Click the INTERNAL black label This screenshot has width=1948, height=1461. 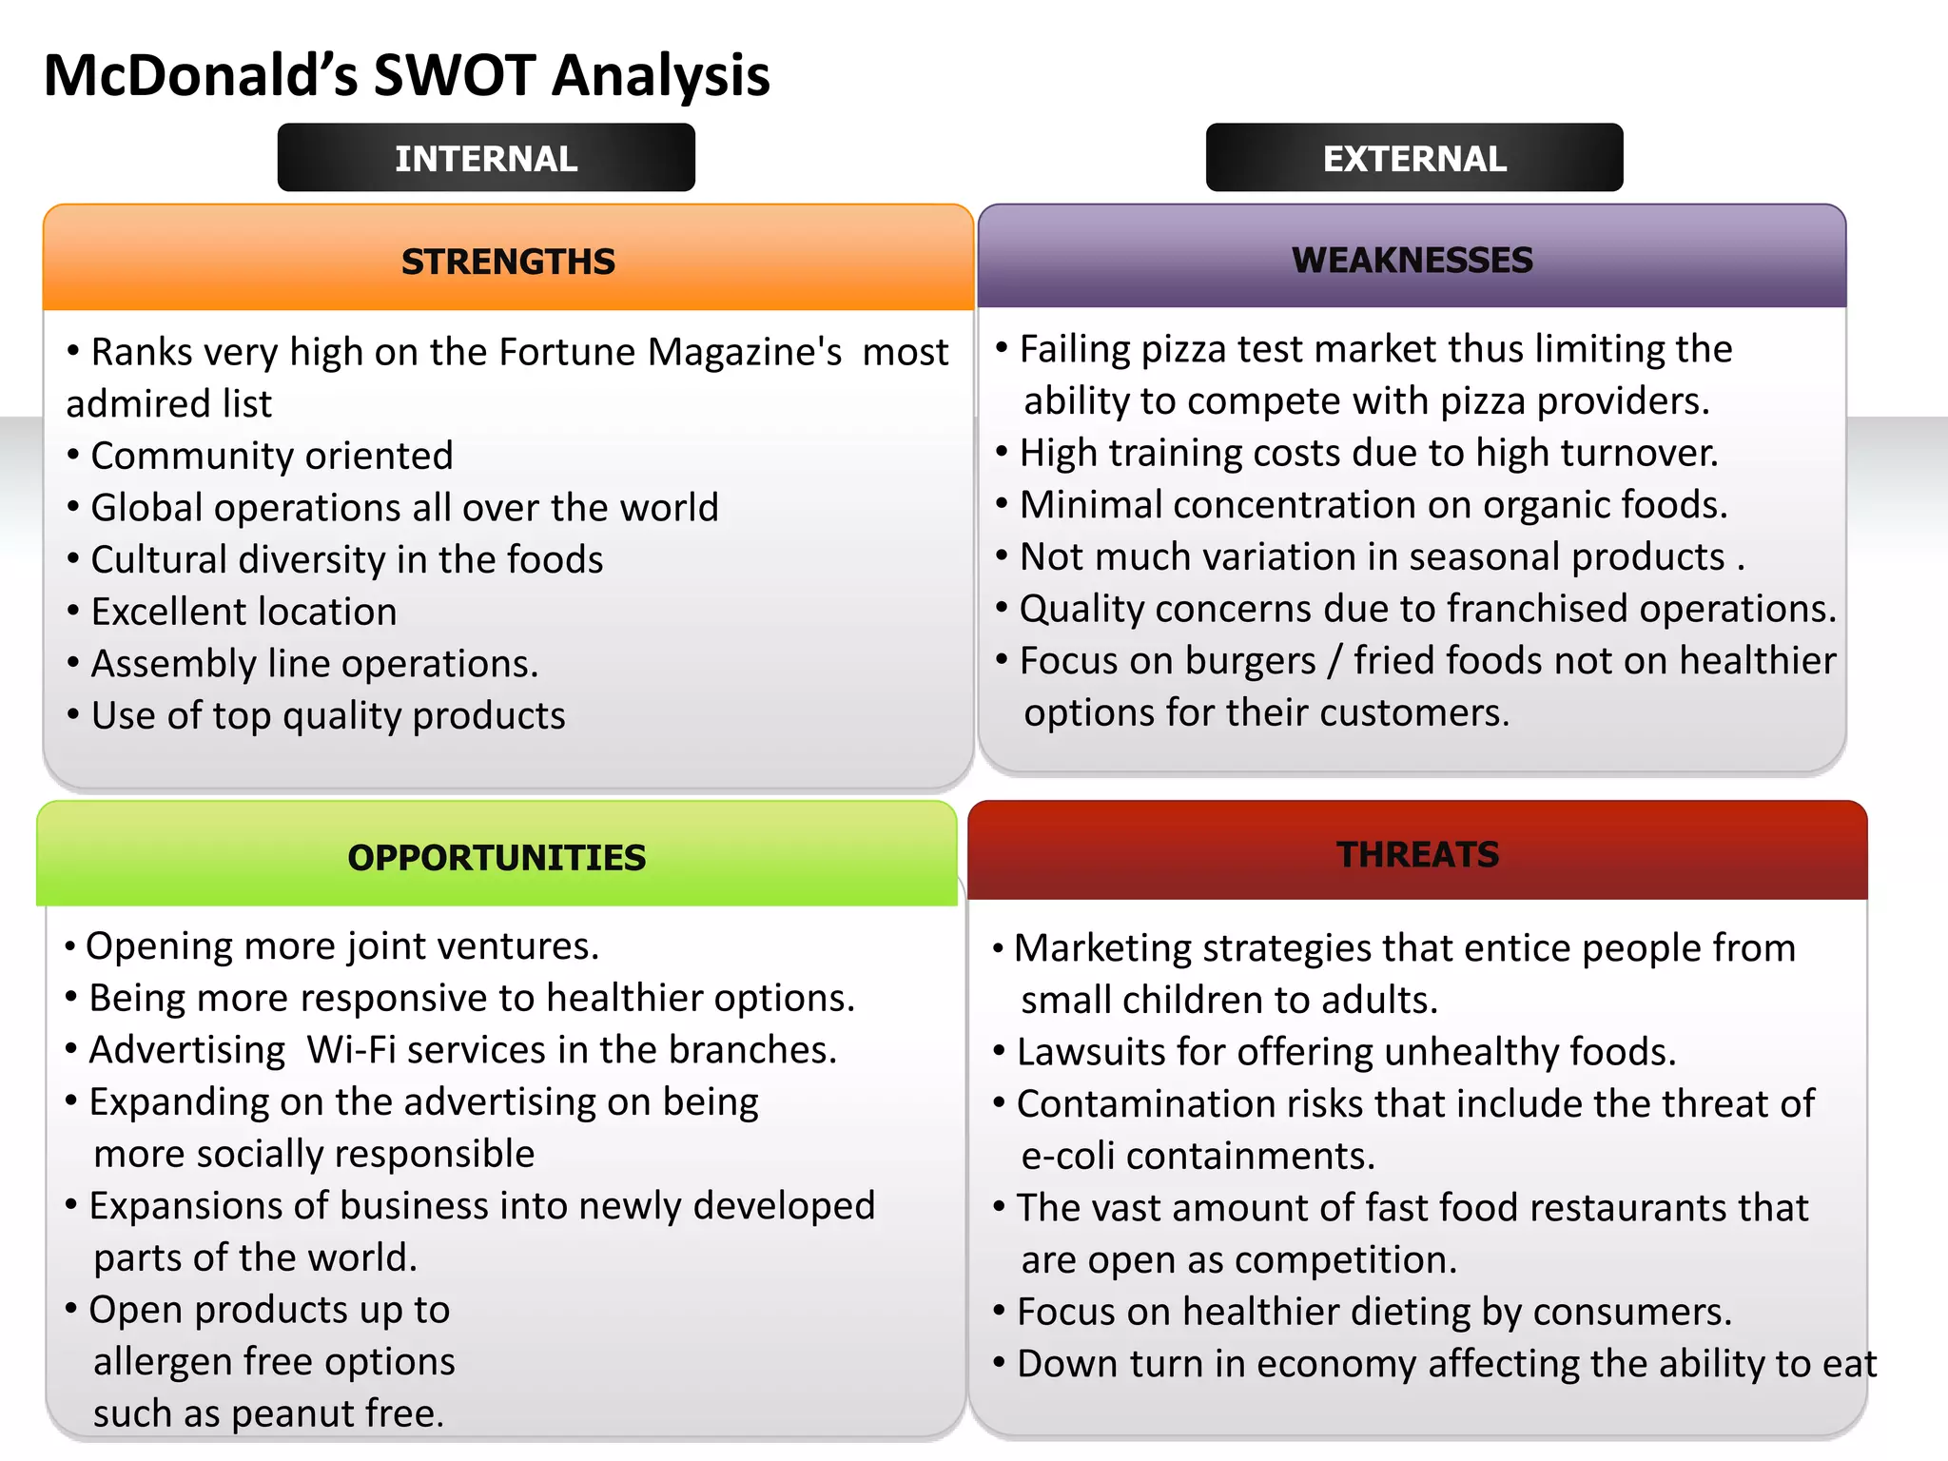(486, 158)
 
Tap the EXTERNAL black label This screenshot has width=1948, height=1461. (1414, 158)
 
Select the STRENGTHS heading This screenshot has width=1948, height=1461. (508, 262)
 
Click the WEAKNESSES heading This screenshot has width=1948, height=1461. (1412, 260)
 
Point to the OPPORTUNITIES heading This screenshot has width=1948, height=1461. (497, 857)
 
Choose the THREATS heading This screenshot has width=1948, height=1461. (1417, 854)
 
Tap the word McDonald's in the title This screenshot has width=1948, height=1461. (201, 75)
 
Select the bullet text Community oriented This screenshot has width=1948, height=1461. (272, 456)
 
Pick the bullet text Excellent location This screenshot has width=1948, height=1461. (243, 612)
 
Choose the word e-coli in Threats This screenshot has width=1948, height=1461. (1067, 1156)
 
